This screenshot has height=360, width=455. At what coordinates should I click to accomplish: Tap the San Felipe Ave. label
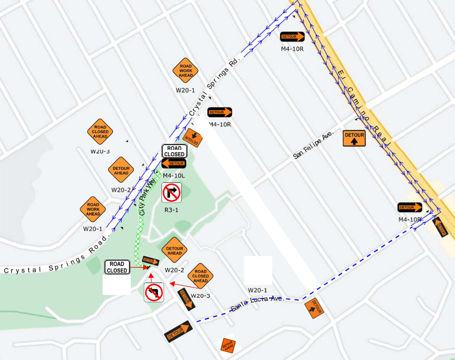coord(314,145)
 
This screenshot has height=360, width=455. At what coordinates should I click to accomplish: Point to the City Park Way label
coord(148,194)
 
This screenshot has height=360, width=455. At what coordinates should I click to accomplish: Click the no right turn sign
coord(171,193)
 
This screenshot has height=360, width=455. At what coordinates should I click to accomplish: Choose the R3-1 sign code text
coord(171,210)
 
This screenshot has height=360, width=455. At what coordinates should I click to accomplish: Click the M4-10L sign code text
coord(174,175)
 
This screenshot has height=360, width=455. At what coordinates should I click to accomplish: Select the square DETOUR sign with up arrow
coord(354,138)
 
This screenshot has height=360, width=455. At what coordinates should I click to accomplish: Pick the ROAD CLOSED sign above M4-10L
coord(174,151)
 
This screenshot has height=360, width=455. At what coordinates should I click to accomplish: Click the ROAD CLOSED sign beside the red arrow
coord(117,267)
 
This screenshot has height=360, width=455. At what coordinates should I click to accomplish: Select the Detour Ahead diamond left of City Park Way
coord(121,170)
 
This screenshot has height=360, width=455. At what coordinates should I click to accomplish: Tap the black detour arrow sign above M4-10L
coord(174,164)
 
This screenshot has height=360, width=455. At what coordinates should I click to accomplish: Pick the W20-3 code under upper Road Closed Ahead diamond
coord(100,151)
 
